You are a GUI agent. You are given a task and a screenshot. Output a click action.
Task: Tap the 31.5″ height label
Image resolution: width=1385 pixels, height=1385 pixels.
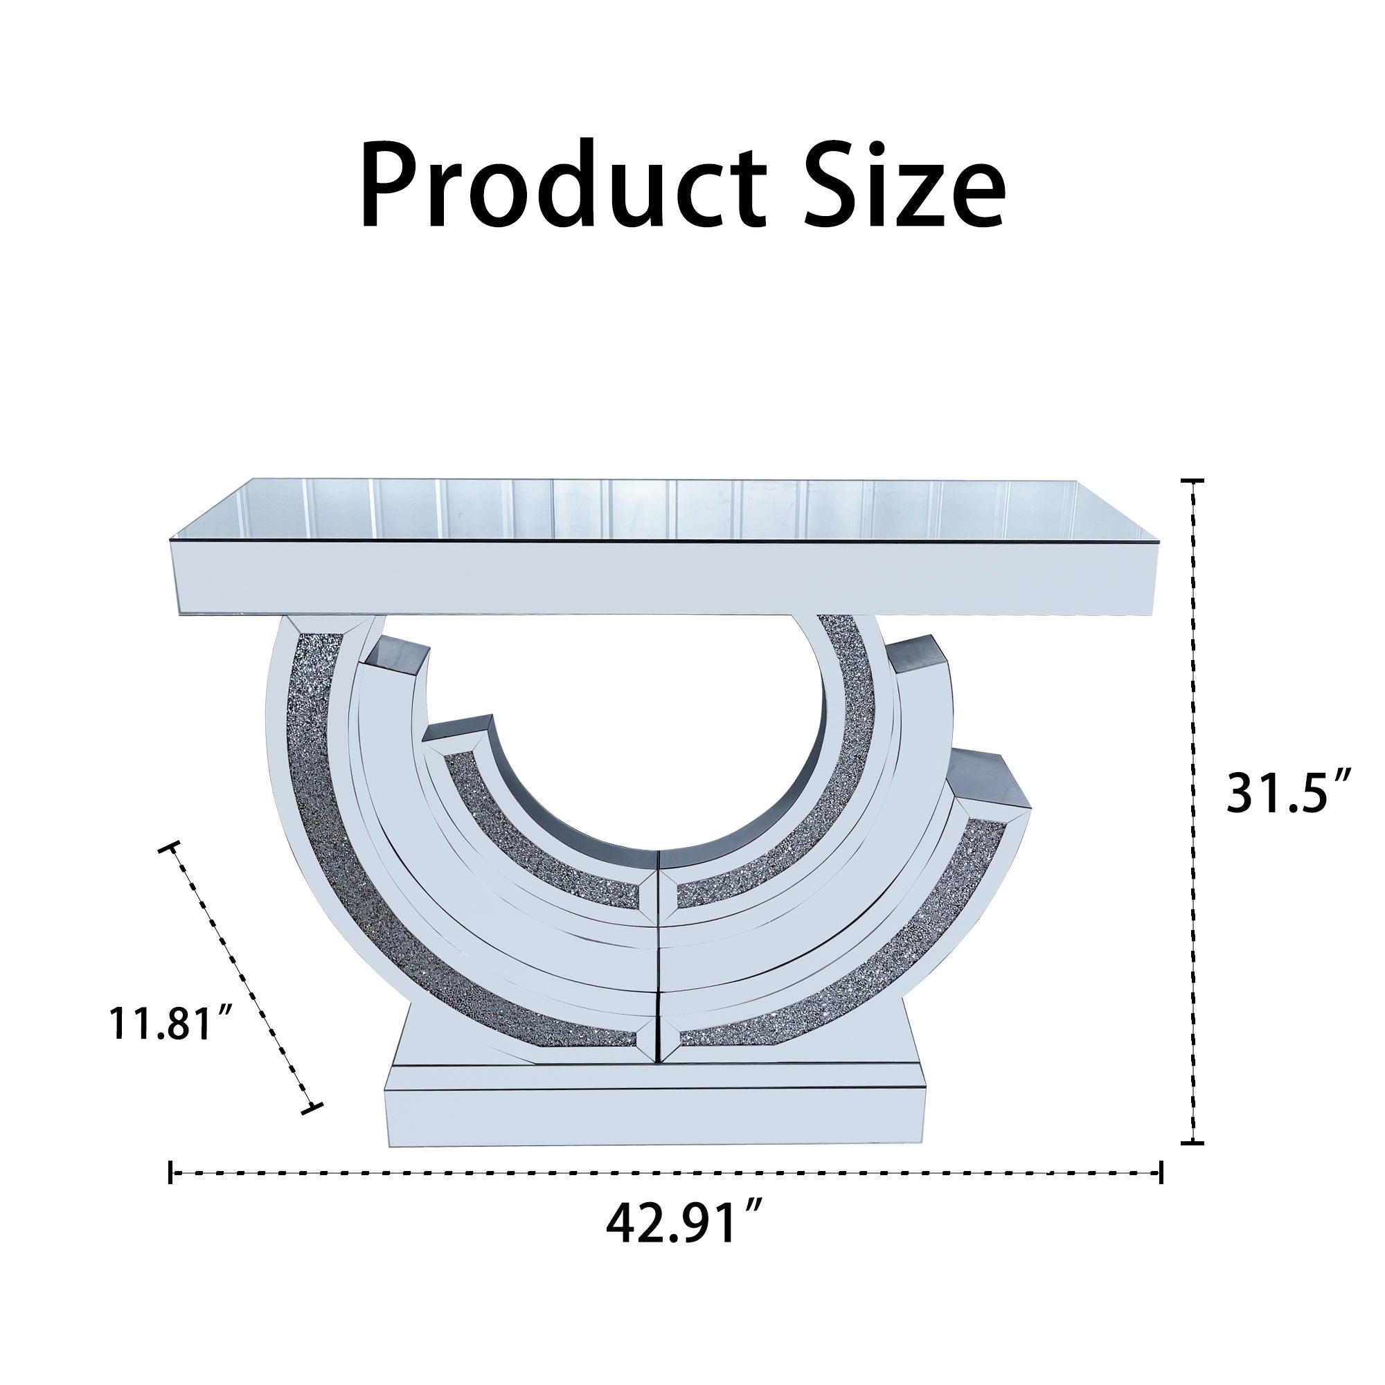[1288, 792]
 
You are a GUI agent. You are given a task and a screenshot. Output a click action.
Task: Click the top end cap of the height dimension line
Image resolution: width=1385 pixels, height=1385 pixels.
[1192, 481]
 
